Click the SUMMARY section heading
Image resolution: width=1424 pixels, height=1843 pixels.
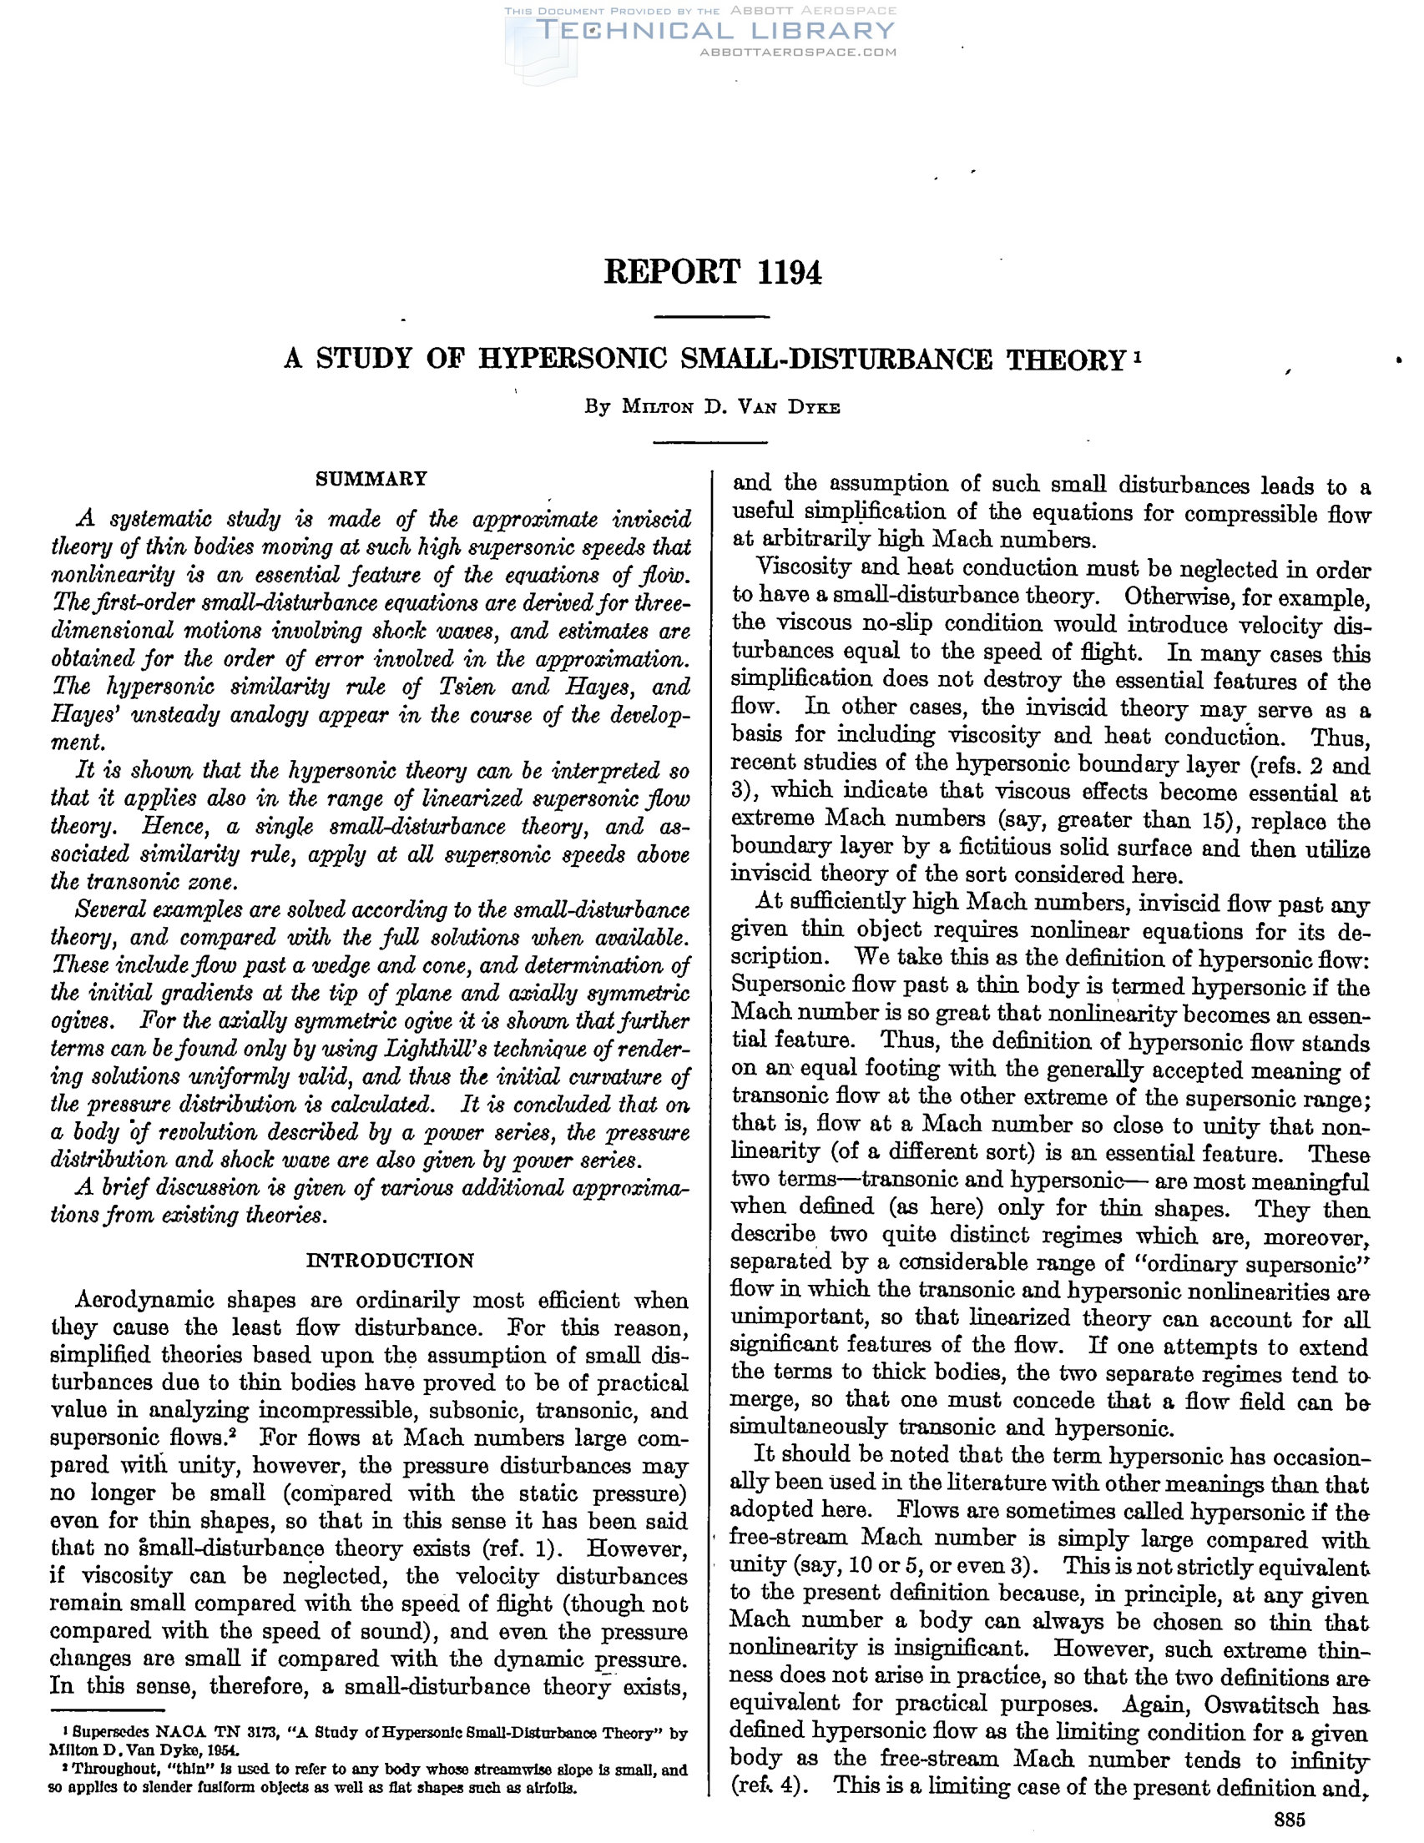pos(371,480)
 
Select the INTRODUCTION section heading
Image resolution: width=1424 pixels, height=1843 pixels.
pos(389,1261)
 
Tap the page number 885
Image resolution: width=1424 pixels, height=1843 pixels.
pos(1290,1820)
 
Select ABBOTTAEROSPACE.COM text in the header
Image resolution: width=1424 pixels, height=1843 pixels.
pos(798,53)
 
